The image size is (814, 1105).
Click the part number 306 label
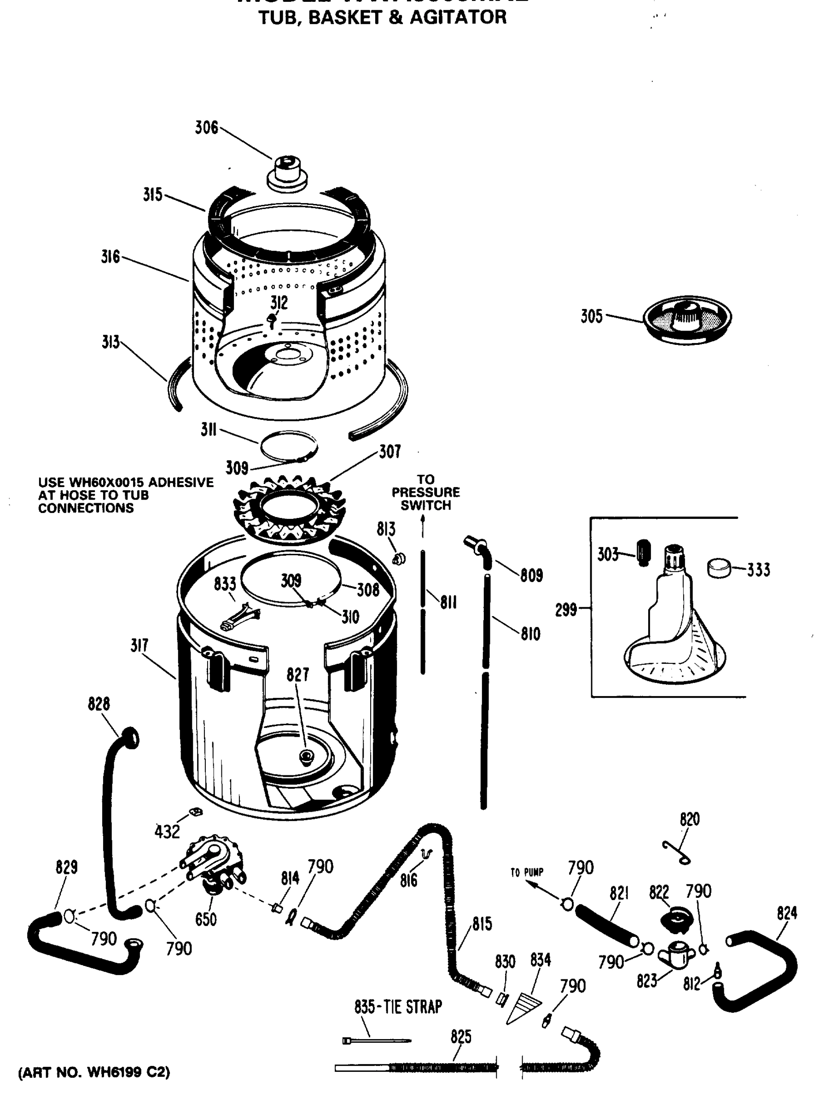pyautogui.click(x=206, y=128)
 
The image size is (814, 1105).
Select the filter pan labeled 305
pyautogui.click(x=688, y=317)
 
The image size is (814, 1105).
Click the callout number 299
pyautogui.click(x=566, y=610)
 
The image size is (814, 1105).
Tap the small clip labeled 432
pyautogui.click(x=194, y=811)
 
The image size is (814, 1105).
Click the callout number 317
pyautogui.click(x=139, y=646)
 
